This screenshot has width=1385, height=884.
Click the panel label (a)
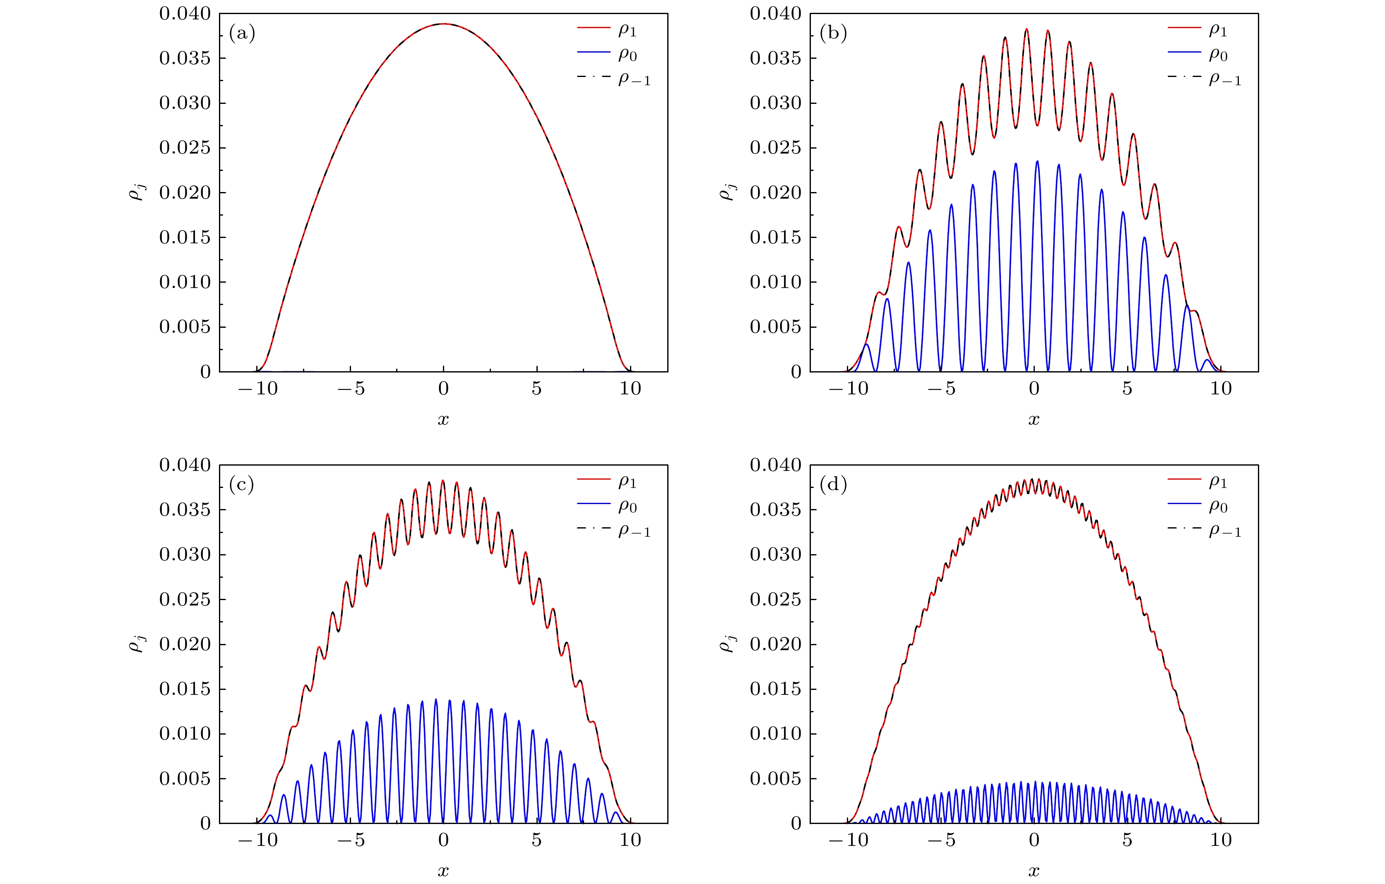coord(242,34)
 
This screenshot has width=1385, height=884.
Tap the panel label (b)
coord(832,34)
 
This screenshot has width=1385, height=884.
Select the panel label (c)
coord(242,485)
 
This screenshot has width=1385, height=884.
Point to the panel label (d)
coord(832,485)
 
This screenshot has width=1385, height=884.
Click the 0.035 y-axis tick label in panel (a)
coord(185,58)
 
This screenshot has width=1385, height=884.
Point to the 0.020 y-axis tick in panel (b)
coord(775,193)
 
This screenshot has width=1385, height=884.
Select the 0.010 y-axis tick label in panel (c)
coord(185,734)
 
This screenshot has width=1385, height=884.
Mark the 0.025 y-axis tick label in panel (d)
coord(775,599)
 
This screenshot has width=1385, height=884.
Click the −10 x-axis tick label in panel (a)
coord(258,389)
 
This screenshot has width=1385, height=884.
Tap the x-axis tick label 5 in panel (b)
coord(1127,389)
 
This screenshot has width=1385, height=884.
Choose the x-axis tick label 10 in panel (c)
coord(630,840)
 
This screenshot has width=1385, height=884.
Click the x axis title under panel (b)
coord(1034,419)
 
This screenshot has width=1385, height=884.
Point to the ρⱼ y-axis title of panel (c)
coord(137,644)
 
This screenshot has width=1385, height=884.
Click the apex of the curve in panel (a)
coord(443,24)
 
